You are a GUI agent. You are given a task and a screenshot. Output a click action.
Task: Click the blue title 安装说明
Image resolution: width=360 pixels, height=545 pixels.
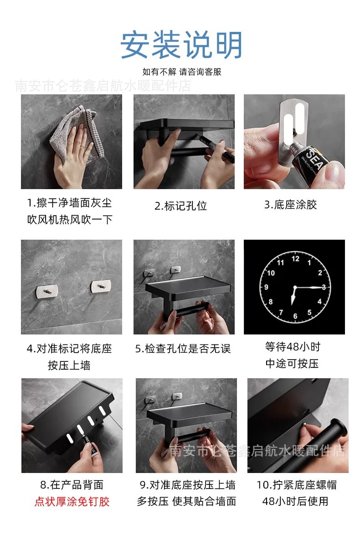point(181,45)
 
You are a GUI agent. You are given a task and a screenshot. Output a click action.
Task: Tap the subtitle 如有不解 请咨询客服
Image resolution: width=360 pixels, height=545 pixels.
point(182,72)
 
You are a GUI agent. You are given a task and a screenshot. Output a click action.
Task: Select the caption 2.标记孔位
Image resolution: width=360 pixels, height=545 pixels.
point(181,206)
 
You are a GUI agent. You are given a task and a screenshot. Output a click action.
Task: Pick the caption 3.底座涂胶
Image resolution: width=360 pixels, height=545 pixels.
point(290,205)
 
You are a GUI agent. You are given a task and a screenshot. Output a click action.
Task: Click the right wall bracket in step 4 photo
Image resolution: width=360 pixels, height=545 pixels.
point(101,286)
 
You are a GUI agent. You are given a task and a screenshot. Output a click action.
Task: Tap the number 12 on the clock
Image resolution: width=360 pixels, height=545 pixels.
point(295,258)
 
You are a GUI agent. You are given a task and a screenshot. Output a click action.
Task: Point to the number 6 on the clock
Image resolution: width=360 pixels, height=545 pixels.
point(295,316)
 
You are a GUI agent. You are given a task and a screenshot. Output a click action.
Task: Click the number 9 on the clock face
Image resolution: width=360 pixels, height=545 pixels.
point(266,287)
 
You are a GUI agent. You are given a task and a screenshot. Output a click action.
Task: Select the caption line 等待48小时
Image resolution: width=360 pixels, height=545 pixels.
point(293,346)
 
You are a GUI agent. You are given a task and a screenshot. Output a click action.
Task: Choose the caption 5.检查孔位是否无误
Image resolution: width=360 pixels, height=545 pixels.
point(183,349)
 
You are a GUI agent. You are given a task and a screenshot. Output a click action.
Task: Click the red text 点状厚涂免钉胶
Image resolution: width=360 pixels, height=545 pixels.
point(72,502)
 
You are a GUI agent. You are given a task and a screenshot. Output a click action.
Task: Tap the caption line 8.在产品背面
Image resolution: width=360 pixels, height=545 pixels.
point(72,484)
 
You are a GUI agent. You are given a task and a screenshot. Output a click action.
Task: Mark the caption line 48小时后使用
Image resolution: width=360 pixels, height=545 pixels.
point(295,501)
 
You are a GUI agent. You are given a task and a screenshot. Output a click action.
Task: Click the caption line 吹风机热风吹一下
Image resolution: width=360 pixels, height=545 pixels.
point(70,220)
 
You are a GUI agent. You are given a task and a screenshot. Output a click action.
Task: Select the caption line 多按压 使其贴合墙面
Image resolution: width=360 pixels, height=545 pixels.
point(186,501)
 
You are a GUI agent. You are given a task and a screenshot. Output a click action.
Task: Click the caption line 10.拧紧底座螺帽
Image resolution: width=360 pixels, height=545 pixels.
point(296,484)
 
